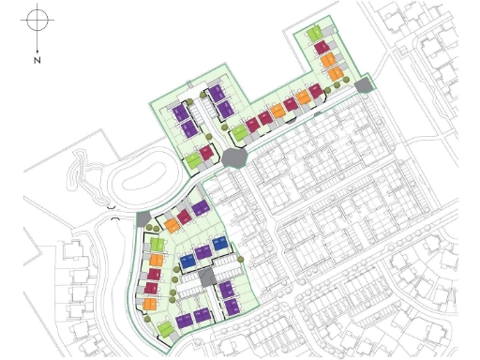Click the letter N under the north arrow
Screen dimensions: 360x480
pos(37,60)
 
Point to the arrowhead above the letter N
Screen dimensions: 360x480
pos(37,49)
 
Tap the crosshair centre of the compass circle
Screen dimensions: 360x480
pos(37,18)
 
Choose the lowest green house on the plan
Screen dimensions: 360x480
pos(165,329)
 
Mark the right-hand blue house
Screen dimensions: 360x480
pos(219,246)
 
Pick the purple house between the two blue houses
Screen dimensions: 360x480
pos(203,253)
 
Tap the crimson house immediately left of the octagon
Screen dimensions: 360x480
pos(206,151)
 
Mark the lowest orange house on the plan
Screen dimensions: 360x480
pos(148,303)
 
